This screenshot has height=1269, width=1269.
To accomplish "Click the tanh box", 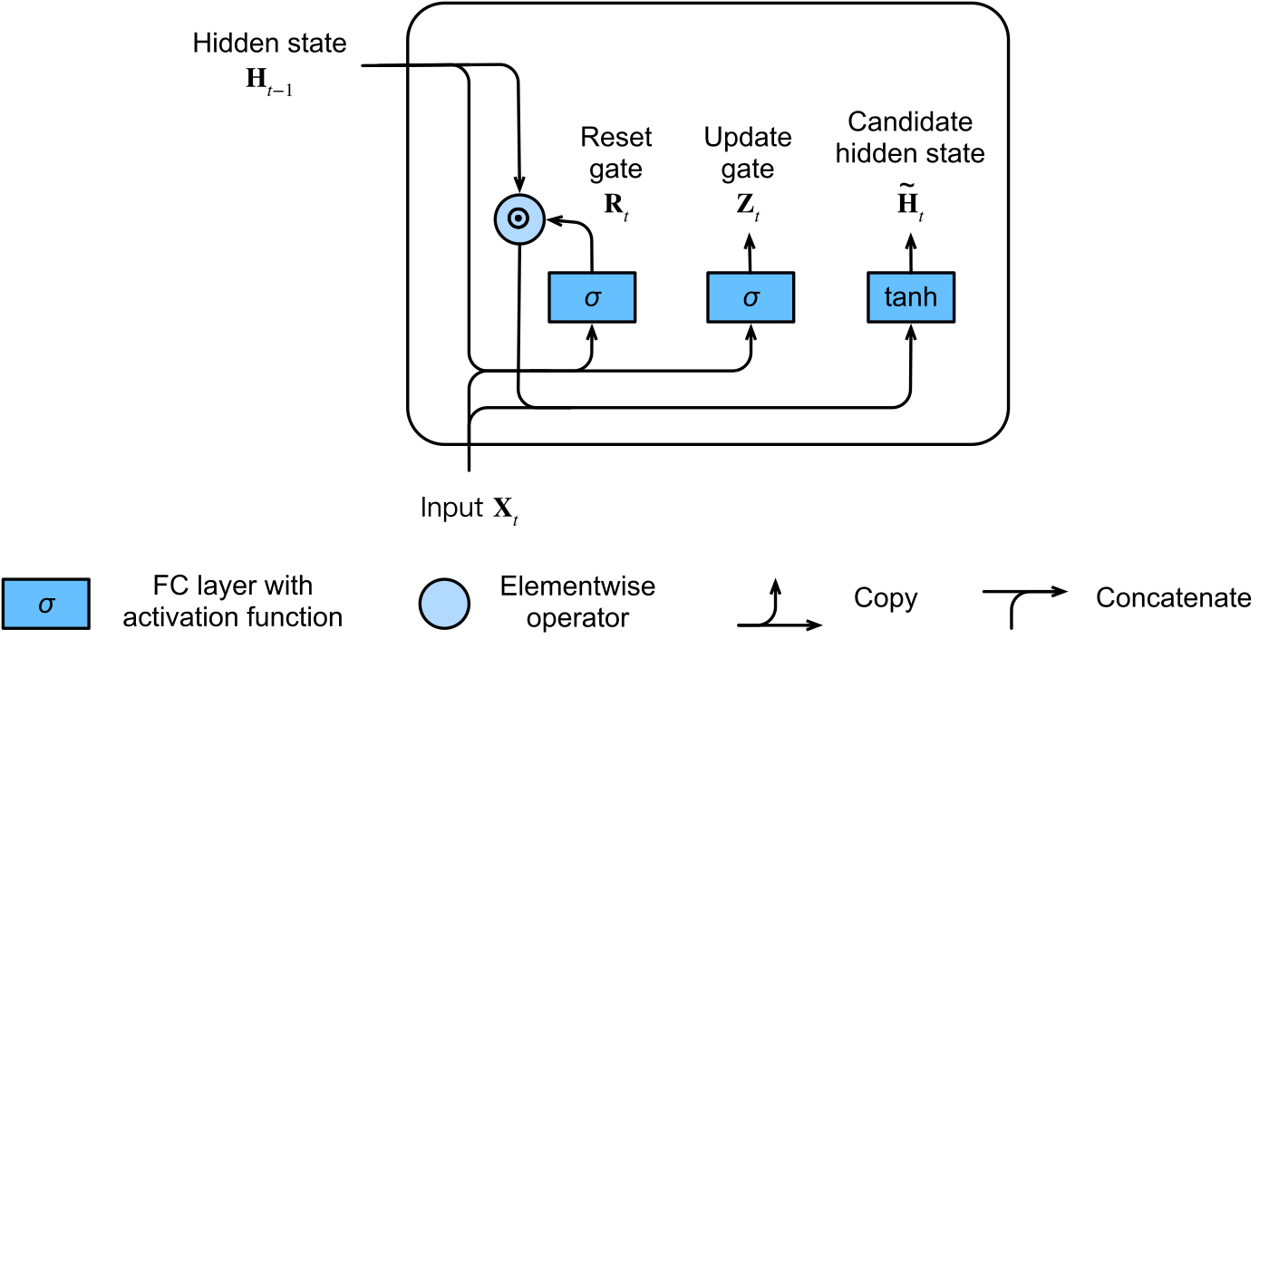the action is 910,297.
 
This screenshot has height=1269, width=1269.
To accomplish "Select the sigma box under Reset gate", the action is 592,297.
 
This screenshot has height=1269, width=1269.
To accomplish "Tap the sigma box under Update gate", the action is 751,297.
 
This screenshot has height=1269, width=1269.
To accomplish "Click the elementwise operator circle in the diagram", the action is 519,219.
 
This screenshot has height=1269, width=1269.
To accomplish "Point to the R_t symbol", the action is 616,206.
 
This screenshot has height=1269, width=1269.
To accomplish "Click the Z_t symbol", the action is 748,206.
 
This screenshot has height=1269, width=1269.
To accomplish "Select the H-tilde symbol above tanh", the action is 910,202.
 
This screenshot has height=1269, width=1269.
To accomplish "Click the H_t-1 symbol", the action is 269,82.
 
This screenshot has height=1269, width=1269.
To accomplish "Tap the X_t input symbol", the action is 506,509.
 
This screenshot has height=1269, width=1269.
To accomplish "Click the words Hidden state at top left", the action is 269,44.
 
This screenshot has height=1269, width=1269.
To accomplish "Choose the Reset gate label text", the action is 615,153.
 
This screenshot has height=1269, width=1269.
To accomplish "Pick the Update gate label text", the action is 748,153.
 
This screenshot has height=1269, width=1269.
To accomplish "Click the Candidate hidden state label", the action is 910,138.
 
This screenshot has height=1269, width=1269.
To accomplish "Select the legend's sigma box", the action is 46,604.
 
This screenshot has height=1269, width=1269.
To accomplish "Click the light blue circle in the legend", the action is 444,604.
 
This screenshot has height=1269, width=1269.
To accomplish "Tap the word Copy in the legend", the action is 886,598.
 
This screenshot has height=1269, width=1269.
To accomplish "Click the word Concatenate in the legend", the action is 1174,598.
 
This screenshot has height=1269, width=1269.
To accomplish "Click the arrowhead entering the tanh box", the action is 911,333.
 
